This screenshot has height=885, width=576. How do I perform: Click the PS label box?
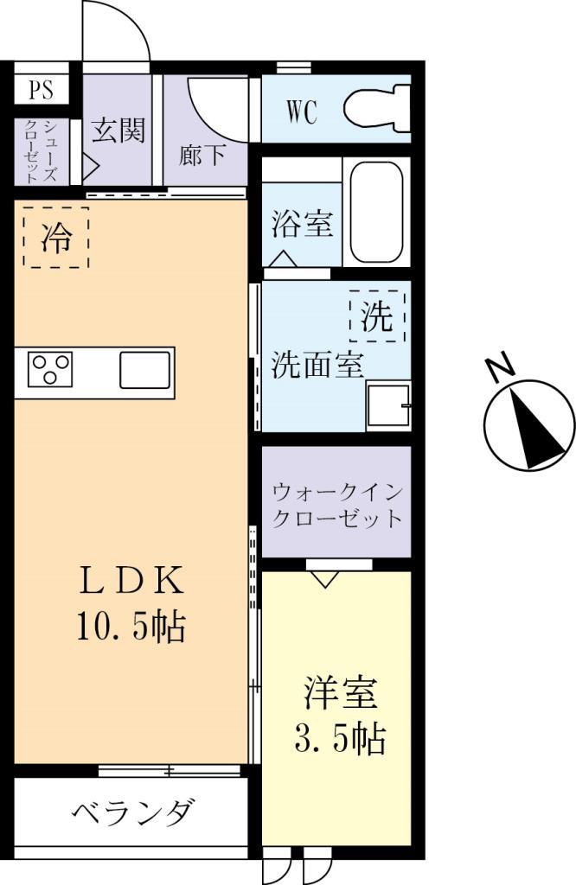pyautogui.click(x=41, y=90)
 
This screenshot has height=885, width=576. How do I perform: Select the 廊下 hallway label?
pyautogui.click(x=203, y=156)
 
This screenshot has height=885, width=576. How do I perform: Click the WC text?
pyautogui.click(x=302, y=112)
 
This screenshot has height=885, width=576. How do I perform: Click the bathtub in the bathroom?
pyautogui.click(x=375, y=213)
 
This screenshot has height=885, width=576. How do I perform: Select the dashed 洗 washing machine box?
pyautogui.click(x=377, y=317)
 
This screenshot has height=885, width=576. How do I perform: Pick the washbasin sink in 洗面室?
pyautogui.click(x=387, y=406)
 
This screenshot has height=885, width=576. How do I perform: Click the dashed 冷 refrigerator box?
pyautogui.click(x=56, y=238)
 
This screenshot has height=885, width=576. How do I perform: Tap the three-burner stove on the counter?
pyautogui.click(x=51, y=370)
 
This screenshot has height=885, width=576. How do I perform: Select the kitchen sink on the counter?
pyautogui.click(x=145, y=370)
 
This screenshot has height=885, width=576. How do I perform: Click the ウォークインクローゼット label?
pyautogui.click(x=337, y=506)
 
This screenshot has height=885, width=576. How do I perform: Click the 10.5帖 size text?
pyautogui.click(x=131, y=627)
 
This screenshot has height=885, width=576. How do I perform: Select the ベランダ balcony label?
pyautogui.click(x=131, y=812)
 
